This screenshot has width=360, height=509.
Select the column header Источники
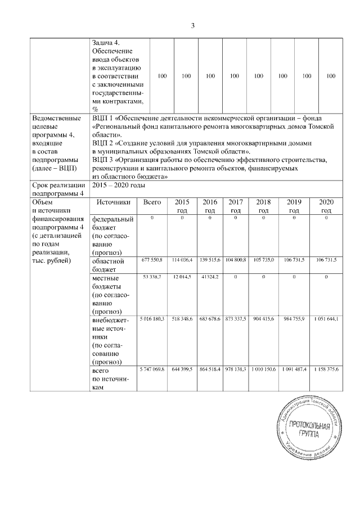click(x=113, y=202)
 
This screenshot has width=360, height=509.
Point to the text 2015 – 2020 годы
click(x=118, y=186)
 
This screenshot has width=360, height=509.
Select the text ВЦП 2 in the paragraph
click(x=103, y=143)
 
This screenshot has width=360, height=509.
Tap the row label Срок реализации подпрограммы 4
click(x=58, y=190)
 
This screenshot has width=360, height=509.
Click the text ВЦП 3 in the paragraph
click(x=103, y=160)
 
